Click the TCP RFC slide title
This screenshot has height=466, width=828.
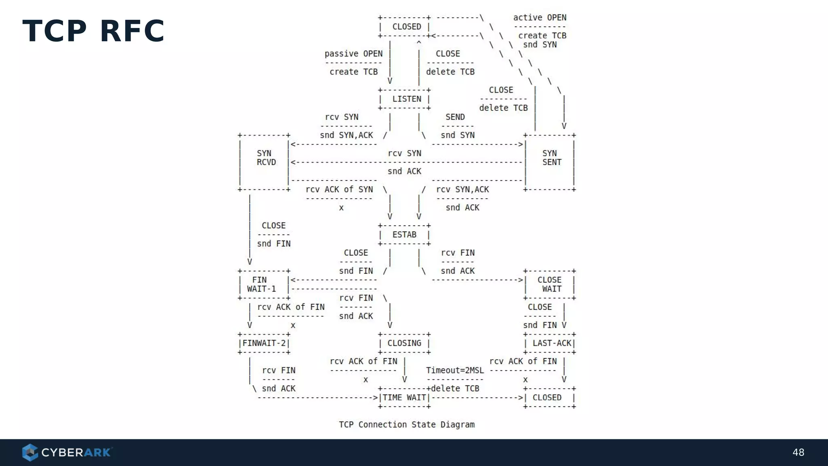93,31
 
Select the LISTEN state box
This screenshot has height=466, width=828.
404,99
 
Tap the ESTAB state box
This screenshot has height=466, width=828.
404,235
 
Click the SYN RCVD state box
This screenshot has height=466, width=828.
265,158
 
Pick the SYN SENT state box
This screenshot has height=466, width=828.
551,158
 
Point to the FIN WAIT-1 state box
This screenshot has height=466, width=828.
264,284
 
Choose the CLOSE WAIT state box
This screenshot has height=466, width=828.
550,284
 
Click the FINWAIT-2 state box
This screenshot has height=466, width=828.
264,343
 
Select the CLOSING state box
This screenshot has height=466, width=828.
404,343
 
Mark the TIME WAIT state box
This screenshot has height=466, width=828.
404,398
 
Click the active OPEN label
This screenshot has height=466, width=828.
540,18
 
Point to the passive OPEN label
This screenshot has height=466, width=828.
353,54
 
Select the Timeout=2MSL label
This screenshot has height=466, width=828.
455,370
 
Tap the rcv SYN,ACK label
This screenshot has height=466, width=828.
463,189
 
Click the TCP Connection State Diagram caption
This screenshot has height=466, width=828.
407,424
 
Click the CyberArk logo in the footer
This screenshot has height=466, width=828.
67,452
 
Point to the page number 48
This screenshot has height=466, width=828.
798,452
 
